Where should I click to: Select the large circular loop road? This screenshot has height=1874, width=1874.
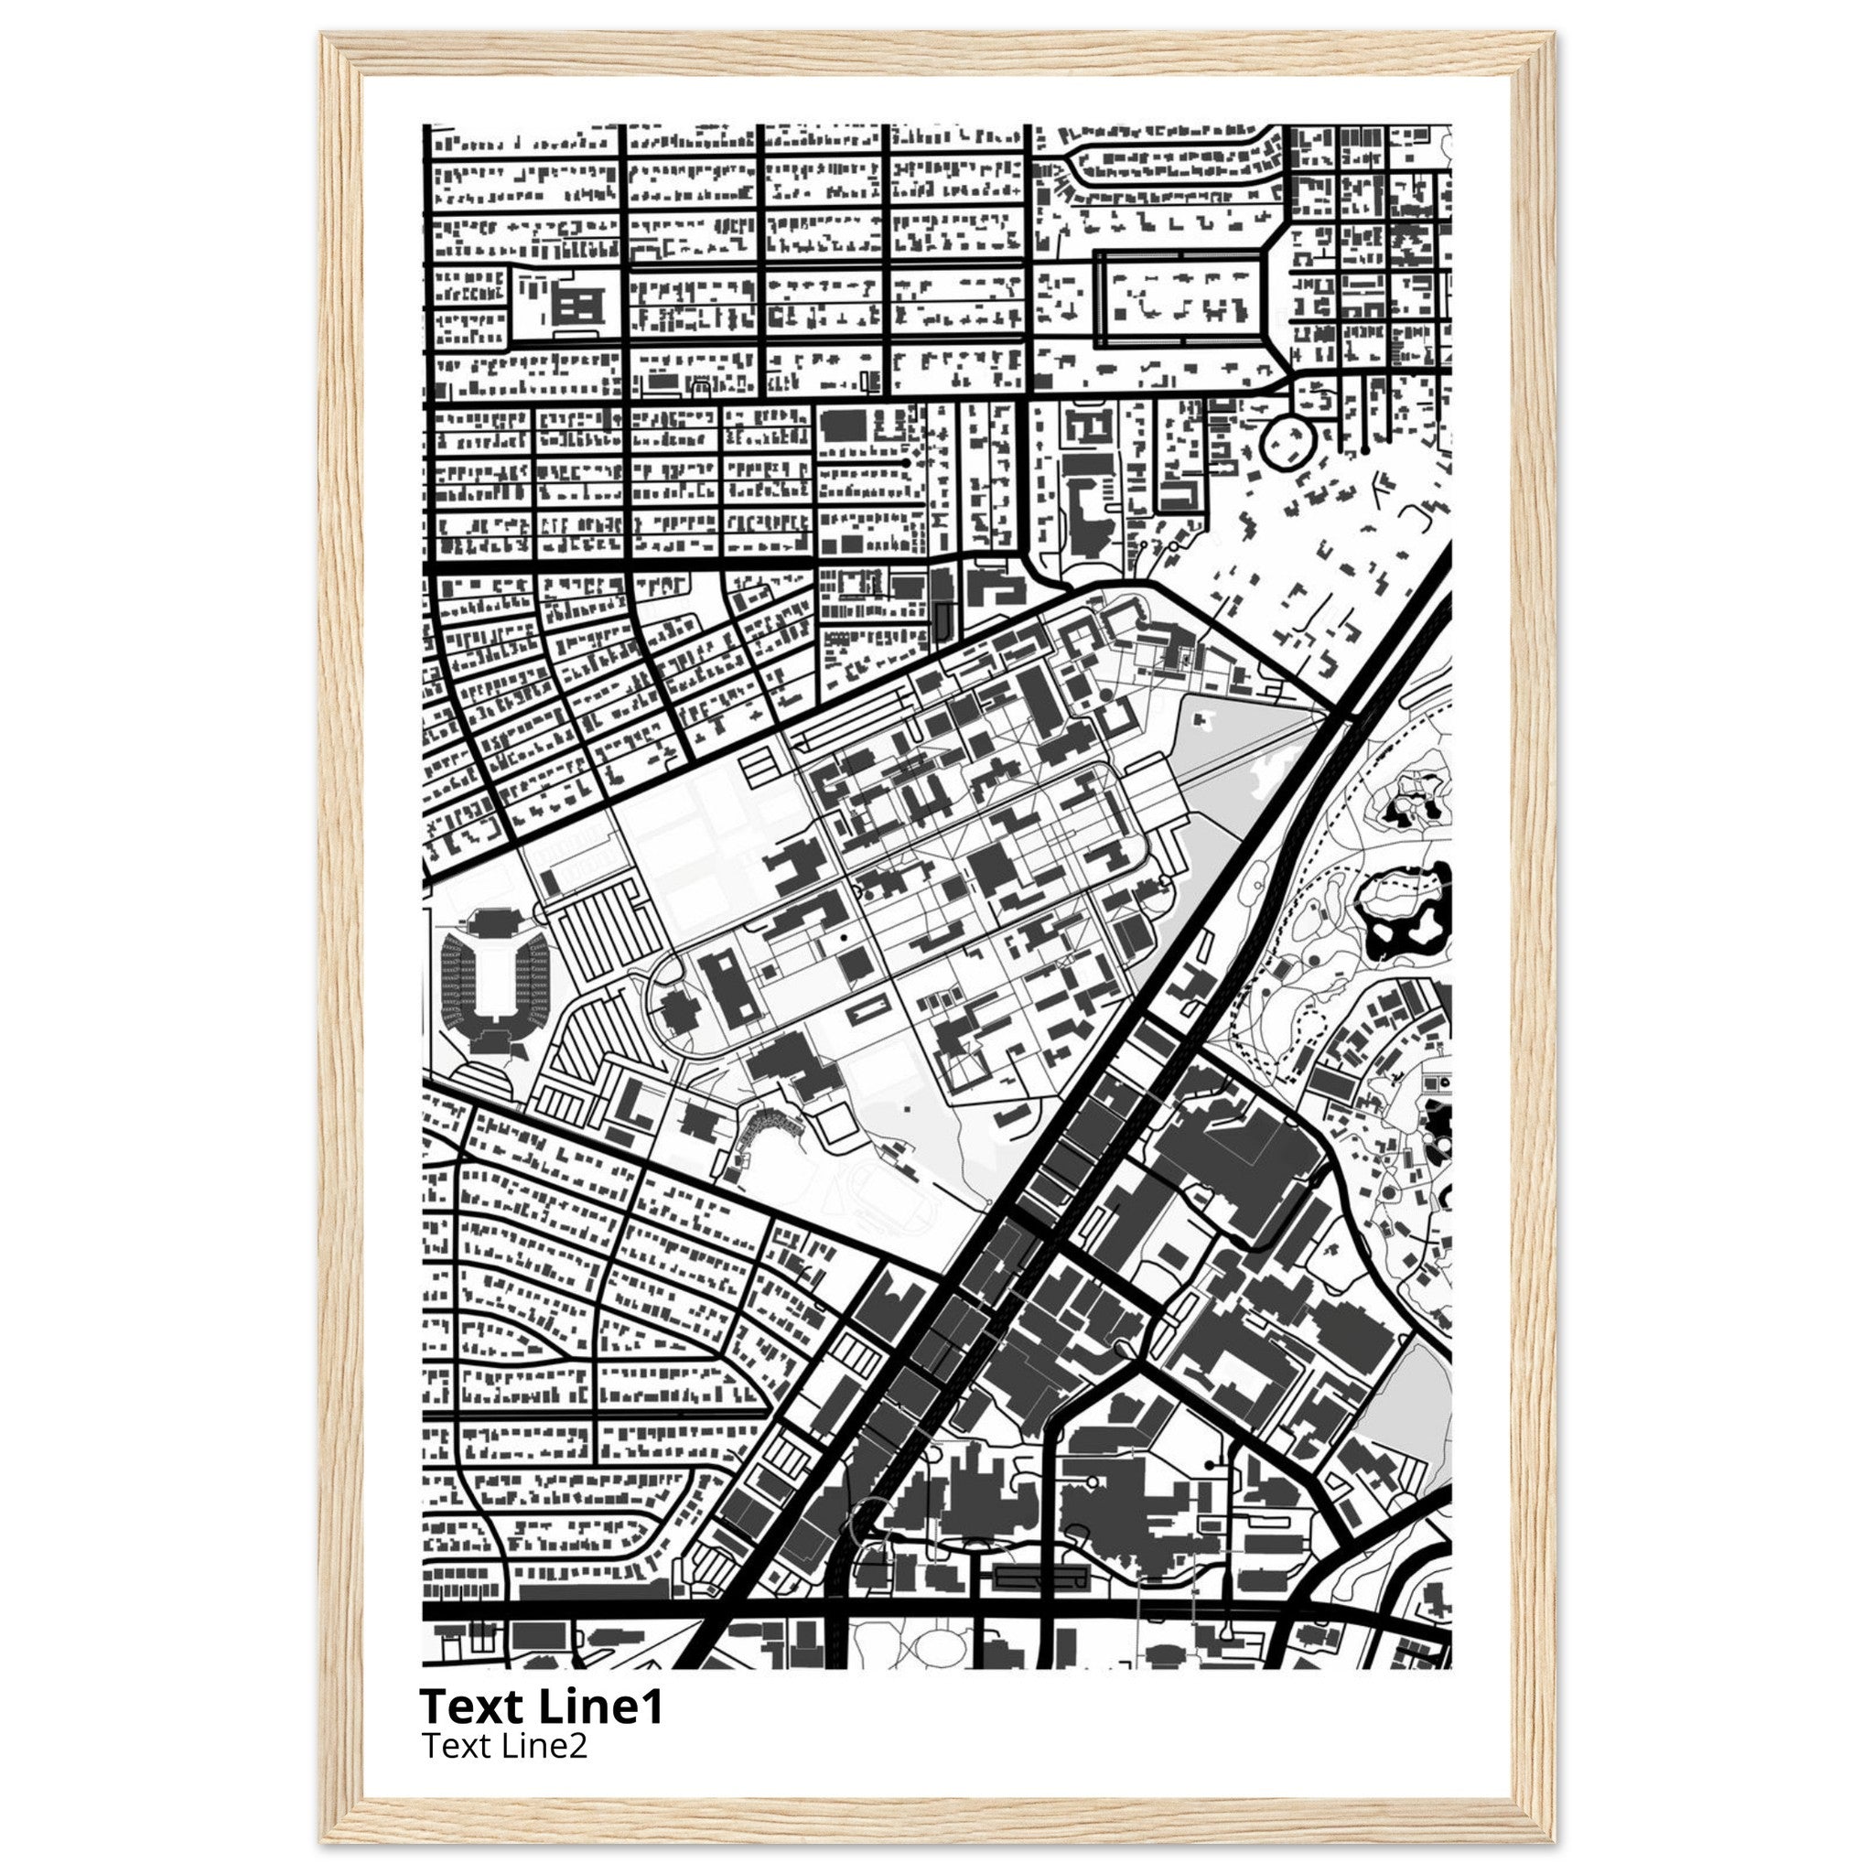(x=1287, y=443)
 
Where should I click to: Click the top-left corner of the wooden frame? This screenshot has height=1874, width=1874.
(x=323, y=34)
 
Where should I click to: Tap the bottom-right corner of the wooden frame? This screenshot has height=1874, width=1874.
(x=1553, y=1840)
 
